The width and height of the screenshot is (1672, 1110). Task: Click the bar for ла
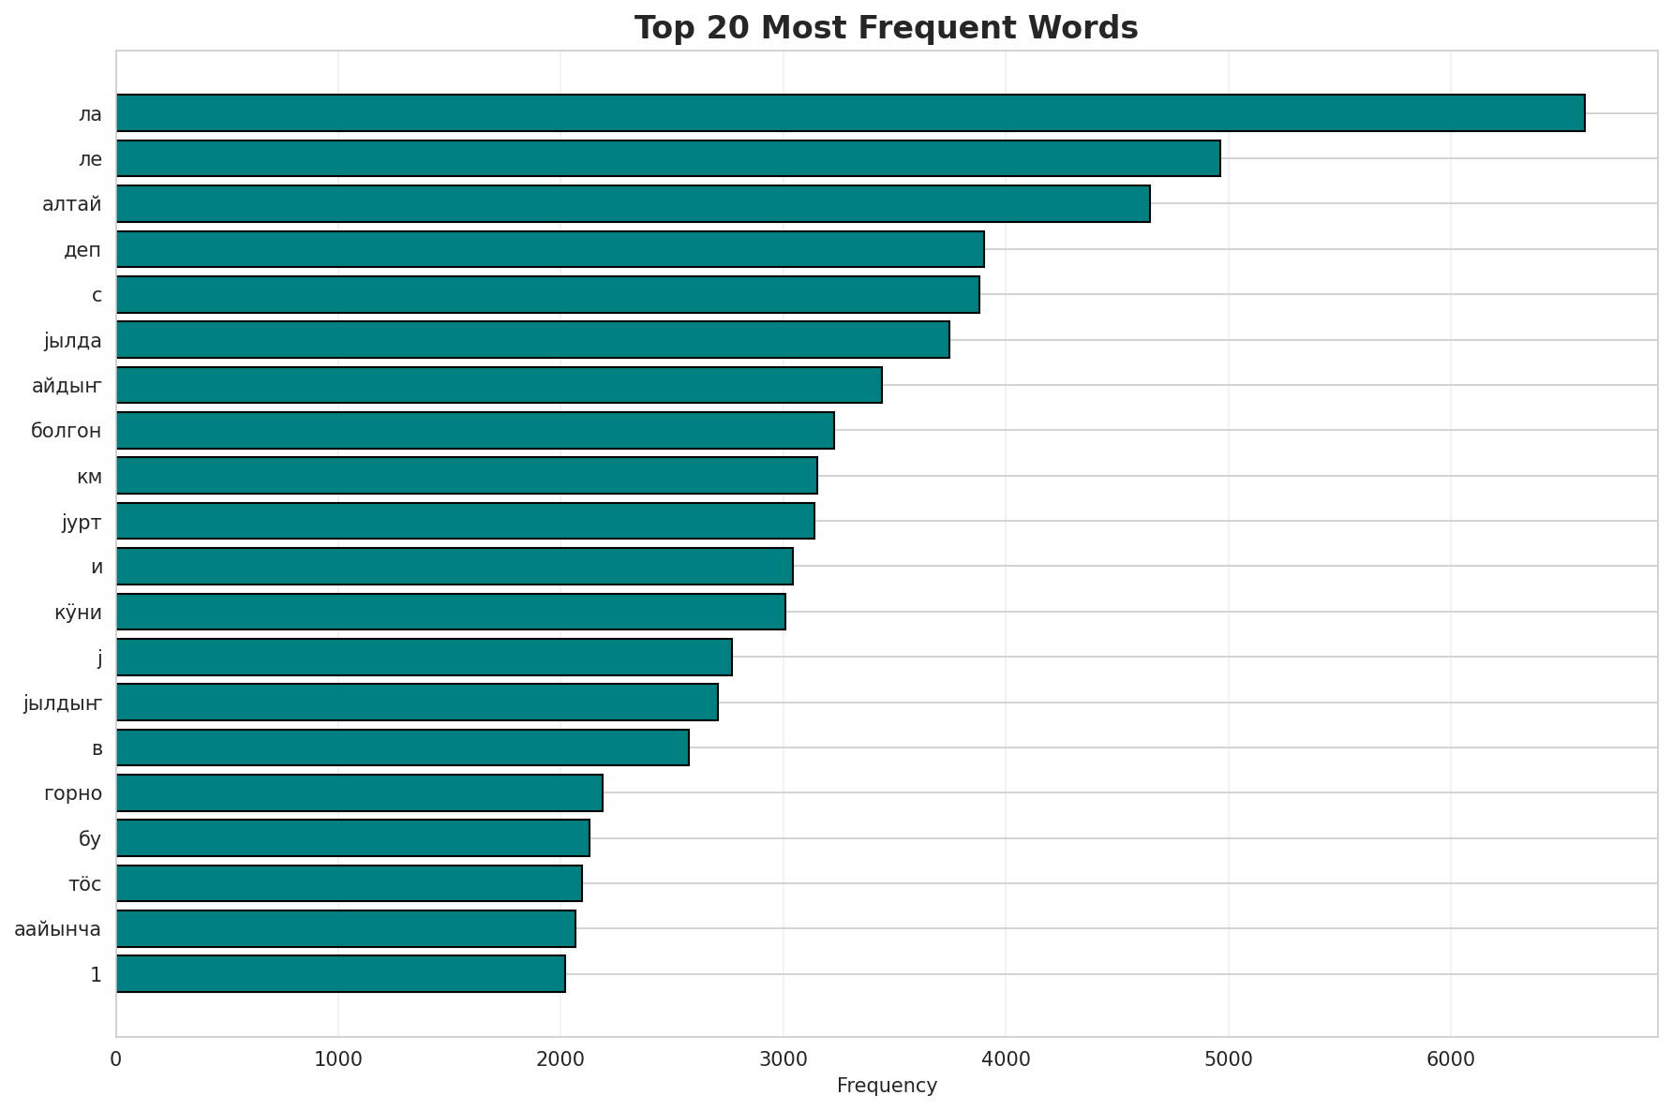850,113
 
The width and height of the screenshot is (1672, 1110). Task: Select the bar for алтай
633,203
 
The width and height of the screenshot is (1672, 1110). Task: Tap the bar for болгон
475,430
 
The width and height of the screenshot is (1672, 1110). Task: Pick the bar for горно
359,792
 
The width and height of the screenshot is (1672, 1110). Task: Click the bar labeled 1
340,974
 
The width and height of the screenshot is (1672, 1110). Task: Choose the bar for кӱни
451,612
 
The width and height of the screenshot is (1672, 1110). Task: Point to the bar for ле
668,158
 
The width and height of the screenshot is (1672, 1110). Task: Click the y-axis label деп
82,250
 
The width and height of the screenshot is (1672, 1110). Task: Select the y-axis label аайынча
58,929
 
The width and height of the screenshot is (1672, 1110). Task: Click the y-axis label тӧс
85,884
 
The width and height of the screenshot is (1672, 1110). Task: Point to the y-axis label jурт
82,523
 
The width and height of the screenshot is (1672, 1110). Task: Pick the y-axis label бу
90,839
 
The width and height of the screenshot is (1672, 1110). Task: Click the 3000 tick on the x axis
784,1059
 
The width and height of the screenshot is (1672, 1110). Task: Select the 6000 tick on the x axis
1451,1059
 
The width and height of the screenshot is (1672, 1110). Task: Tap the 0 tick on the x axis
116,1059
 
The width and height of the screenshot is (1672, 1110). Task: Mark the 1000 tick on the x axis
338,1059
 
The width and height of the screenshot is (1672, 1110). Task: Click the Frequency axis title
887,1086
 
